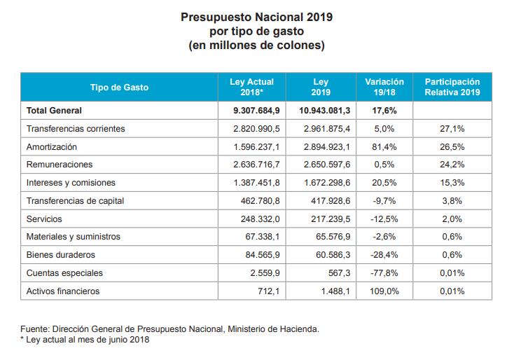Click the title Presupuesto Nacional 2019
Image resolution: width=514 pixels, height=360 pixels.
[256, 15]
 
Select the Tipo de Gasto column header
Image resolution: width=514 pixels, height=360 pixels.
[120, 88]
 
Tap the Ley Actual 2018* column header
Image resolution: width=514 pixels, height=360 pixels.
[251, 87]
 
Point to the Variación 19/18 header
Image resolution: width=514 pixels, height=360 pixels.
[384, 87]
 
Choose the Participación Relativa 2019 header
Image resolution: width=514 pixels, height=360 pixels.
[452, 87]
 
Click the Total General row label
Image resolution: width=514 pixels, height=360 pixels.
[54, 111]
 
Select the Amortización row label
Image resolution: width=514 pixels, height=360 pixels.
[51, 147]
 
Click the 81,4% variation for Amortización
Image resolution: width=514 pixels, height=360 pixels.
[384, 147]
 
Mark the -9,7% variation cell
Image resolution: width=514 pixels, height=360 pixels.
[384, 201]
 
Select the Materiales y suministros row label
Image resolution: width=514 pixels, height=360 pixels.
[73, 237]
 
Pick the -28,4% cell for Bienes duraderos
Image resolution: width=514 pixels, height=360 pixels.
[384, 255]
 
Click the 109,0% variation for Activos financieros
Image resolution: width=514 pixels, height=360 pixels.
[384, 291]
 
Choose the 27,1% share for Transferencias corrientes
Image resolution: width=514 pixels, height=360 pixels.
[452, 129]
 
